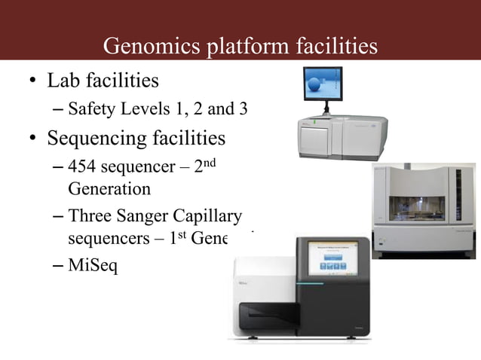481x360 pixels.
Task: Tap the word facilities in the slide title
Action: pos(332,46)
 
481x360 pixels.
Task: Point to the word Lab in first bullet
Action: pos(63,80)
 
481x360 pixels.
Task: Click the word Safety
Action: pos(91,109)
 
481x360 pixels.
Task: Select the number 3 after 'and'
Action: pos(243,109)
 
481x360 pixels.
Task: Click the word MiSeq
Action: pos(93,267)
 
